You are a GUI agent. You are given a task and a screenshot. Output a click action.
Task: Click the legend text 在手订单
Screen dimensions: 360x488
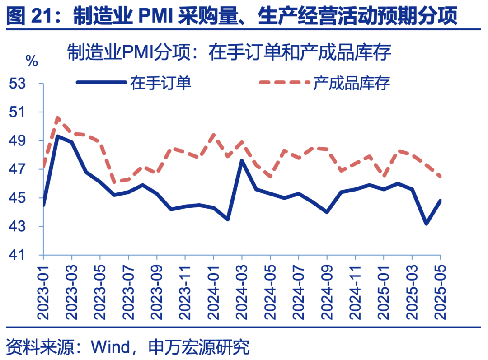tap(161, 83)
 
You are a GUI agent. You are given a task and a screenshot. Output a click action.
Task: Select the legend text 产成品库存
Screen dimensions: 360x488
tap(352, 83)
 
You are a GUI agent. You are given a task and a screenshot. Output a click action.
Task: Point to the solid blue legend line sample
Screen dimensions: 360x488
tap(101, 83)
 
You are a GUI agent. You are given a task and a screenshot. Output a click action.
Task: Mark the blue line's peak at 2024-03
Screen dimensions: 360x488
tap(242, 160)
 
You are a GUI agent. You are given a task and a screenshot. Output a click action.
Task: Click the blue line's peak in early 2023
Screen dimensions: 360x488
tap(58, 136)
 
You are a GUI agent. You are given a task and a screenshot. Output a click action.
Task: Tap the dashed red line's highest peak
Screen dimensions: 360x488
tap(58, 117)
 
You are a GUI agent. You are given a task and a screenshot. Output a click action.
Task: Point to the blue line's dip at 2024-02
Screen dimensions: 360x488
tap(228, 220)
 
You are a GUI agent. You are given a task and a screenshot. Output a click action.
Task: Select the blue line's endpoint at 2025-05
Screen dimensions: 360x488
tap(440, 201)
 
